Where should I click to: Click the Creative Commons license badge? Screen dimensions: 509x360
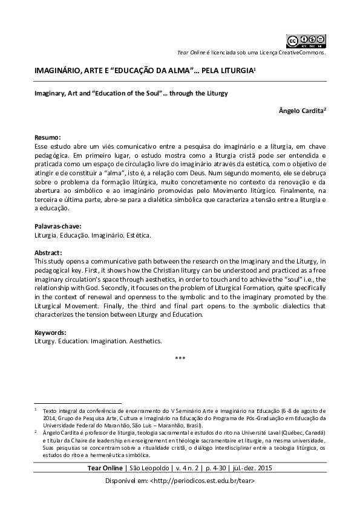tap(306, 41)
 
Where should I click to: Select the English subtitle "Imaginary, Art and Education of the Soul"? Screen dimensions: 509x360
tap(130, 94)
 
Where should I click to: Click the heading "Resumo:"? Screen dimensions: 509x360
tap(48, 138)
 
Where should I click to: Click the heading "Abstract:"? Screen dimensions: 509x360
tap(49, 253)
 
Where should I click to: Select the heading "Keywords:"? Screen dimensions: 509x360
tap(50, 332)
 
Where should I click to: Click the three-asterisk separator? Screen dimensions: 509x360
tap(180, 359)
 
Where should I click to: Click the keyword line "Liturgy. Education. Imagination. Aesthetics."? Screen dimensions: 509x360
tap(98, 341)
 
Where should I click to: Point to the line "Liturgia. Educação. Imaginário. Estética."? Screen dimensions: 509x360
tap(93, 235)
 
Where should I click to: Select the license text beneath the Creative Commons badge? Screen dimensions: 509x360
tap(251, 53)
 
